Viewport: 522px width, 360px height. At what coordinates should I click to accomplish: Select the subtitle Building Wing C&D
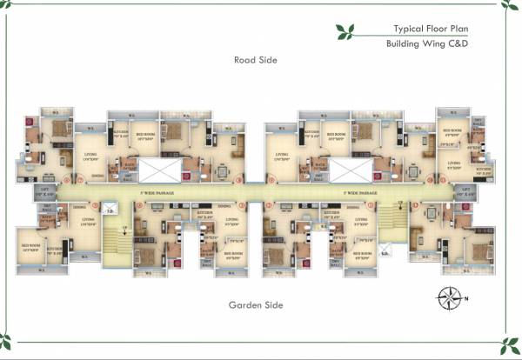pyautogui.click(x=427, y=43)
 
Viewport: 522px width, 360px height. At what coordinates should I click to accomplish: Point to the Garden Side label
pyautogui.click(x=255, y=305)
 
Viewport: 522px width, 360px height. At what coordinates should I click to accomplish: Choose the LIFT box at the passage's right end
pyautogui.click(x=465, y=191)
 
